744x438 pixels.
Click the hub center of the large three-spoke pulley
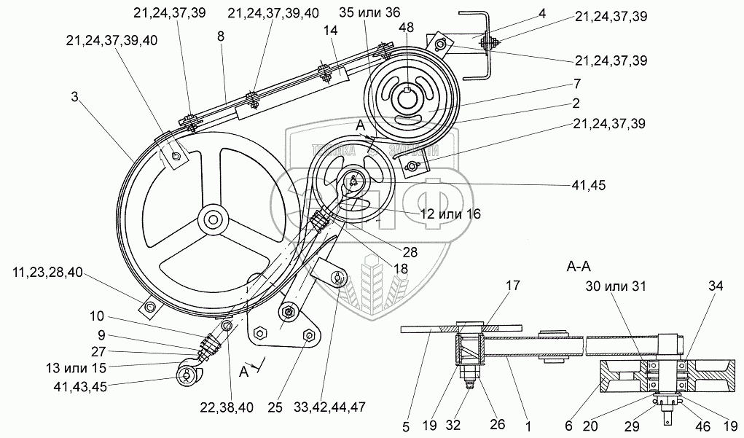[213, 218]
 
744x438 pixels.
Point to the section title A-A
[579, 267]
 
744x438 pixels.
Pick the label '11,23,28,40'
[47, 273]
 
